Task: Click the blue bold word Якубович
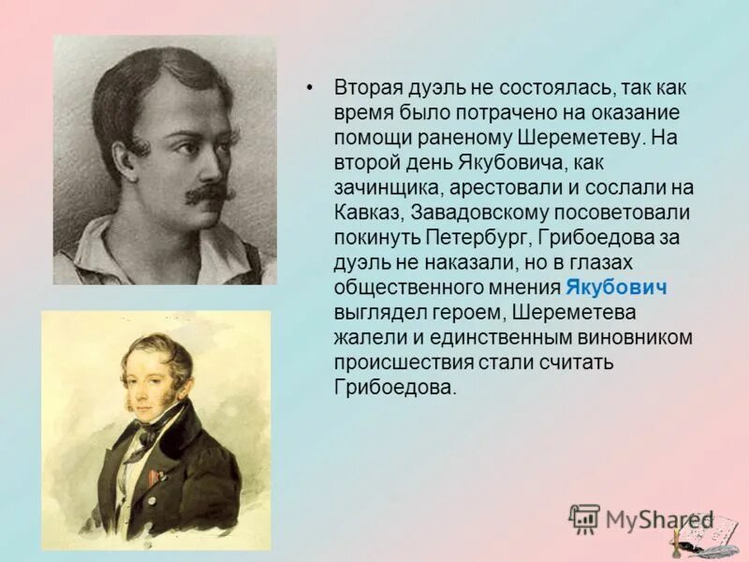pos(609,287)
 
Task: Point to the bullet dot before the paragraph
pos(310,87)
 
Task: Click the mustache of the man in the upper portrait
pos(207,195)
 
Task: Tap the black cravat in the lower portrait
pos(147,435)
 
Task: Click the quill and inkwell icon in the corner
pos(697,533)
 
